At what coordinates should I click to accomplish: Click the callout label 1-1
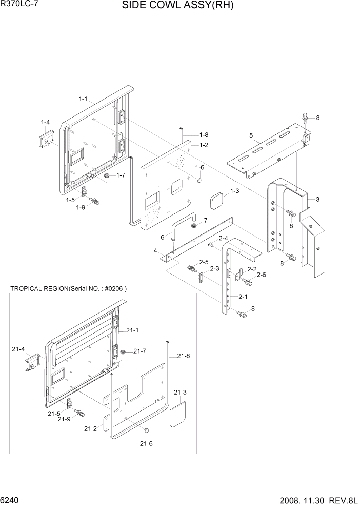(83, 98)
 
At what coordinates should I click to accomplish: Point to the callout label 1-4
(45, 122)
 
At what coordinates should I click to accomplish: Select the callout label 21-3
(180, 393)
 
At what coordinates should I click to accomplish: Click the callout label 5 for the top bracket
(251, 136)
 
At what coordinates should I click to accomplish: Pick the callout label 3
(318, 199)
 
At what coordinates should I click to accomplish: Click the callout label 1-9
(81, 207)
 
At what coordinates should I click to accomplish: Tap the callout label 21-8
(184, 356)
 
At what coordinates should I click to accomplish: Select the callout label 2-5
(204, 262)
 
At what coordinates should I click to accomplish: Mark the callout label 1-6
(199, 168)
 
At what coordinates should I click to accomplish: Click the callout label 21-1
(132, 330)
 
